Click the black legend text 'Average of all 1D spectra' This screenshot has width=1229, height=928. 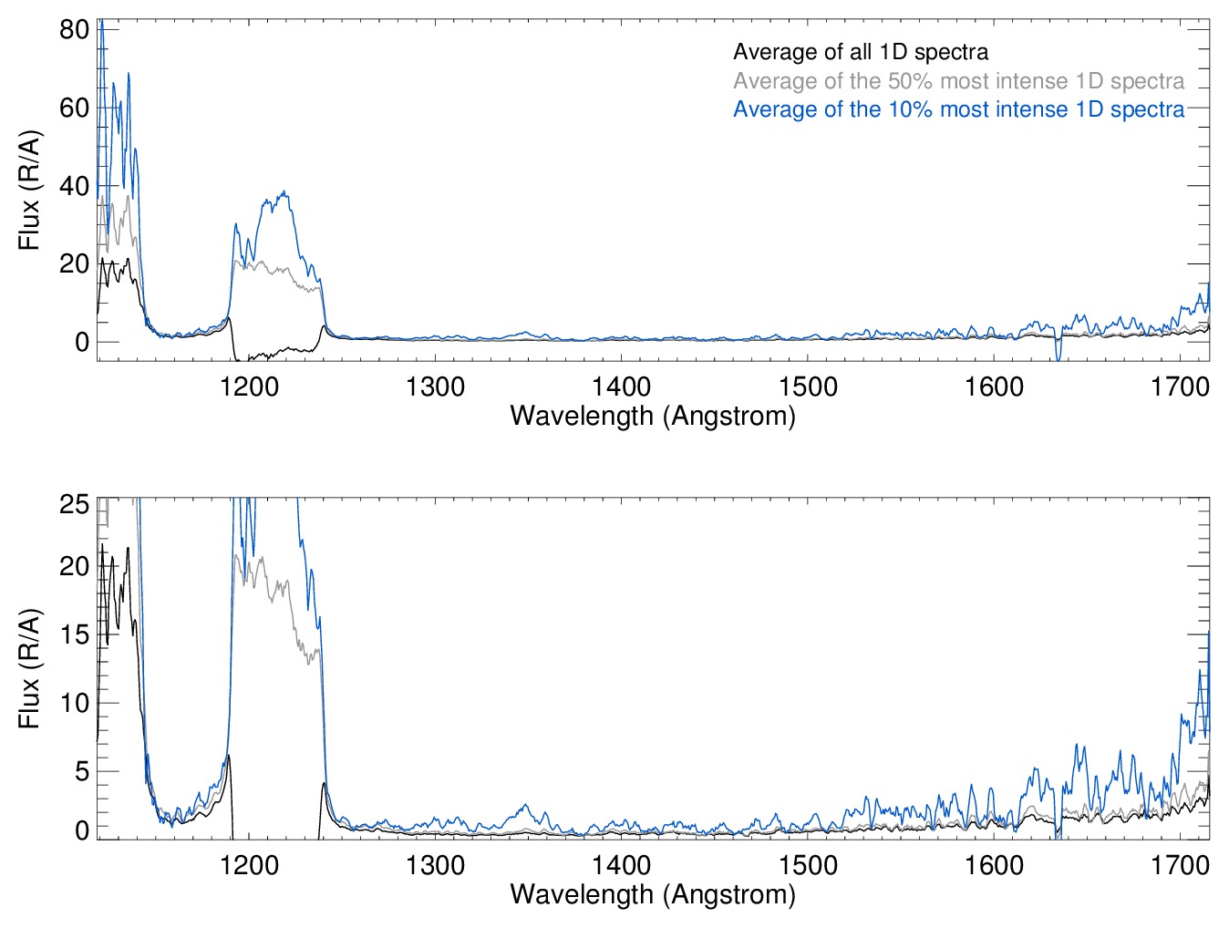860,52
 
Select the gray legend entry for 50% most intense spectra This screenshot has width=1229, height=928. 958,81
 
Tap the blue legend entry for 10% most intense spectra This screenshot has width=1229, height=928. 958,109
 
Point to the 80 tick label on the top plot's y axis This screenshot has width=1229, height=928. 74,29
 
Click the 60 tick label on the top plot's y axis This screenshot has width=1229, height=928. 74,108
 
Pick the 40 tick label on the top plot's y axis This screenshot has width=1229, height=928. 74,186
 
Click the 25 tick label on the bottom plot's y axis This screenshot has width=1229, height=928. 74,504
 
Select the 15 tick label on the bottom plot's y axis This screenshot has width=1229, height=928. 74,634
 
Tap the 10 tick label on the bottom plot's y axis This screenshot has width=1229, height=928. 74,703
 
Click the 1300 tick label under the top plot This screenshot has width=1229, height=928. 435,387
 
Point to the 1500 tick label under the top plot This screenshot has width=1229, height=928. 808,387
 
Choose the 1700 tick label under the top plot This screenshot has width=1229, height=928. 1180,387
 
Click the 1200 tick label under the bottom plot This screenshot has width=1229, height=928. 249,864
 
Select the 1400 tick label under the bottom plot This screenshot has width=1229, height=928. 621,864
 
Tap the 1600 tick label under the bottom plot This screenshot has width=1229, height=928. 994,864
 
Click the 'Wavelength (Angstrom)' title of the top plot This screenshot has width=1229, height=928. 653,416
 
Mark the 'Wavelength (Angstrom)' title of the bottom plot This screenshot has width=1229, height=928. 653,893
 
